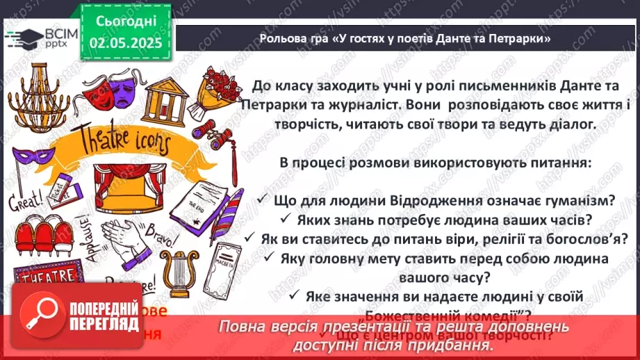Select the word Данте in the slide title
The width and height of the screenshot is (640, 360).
[474, 40]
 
